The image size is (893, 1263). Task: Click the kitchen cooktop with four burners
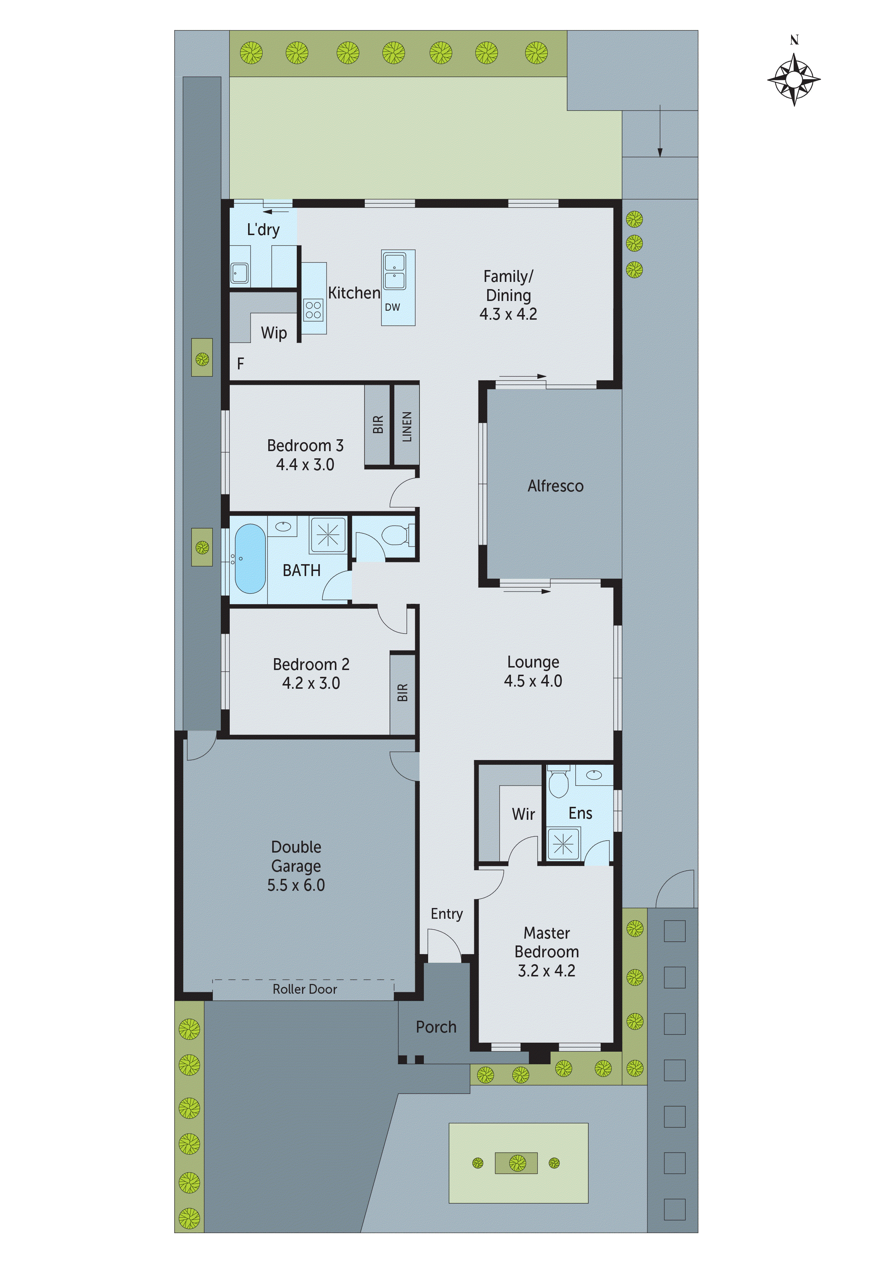click(x=313, y=310)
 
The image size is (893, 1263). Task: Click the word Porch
click(x=436, y=1027)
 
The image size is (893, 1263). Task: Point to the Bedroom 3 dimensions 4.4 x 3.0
click(x=305, y=465)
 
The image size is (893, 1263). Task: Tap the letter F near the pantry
click(x=241, y=364)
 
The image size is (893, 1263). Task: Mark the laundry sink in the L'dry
click(x=239, y=272)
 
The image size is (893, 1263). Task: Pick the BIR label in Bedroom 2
click(x=402, y=693)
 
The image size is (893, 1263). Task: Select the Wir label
click(x=523, y=814)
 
